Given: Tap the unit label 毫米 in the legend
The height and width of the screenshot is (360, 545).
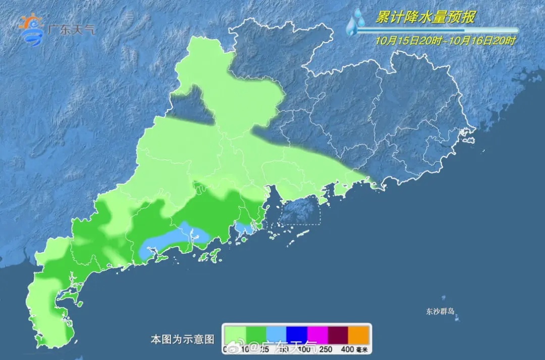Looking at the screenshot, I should pos(363,349).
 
